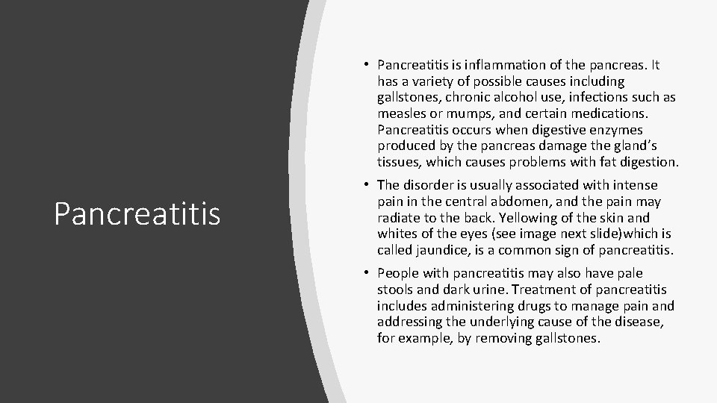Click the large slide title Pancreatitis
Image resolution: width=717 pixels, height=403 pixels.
click(x=137, y=213)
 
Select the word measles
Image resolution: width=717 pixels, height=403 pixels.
click(x=401, y=113)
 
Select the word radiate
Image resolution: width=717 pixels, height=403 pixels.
click(x=400, y=218)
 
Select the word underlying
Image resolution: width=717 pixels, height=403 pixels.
click(x=504, y=322)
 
